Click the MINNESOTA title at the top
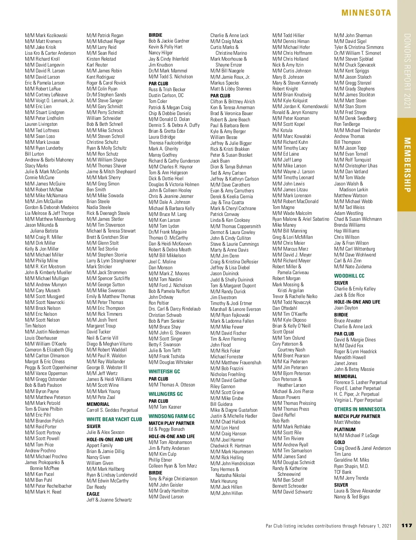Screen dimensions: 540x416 (366, 13)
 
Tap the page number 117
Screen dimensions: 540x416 (407, 525)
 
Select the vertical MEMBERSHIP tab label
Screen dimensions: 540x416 (407, 165)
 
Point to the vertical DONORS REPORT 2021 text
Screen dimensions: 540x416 (407, 71)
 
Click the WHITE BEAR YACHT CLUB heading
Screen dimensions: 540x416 (114, 419)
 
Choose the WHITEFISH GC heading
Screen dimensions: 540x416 (164, 371)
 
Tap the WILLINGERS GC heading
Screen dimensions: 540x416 (166, 394)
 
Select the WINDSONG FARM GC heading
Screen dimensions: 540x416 (172, 416)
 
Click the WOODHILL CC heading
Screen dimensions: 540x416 (349, 276)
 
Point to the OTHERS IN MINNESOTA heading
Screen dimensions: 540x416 (360, 409)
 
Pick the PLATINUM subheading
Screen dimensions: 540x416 (345, 429)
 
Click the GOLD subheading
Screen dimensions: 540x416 (339, 442)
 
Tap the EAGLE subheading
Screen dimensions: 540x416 (93, 494)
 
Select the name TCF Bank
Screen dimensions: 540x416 (343, 472)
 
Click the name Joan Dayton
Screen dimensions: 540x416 (346, 308)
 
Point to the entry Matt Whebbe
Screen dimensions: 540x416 (347, 422)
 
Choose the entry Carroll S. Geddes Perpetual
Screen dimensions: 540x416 (112, 410)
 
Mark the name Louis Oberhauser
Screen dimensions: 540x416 (41, 338)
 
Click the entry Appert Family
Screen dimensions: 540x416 (99, 445)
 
